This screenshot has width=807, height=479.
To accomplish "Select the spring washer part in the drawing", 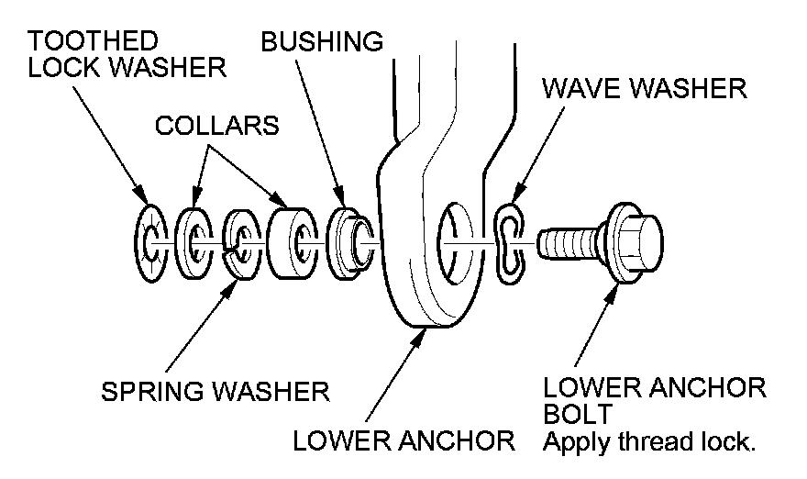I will pos(241,244).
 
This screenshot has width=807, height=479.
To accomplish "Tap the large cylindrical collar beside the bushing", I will pos(293,241).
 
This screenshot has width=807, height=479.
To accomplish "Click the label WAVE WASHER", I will pos(644,89).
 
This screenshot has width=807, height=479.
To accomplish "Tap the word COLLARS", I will pos(216,125).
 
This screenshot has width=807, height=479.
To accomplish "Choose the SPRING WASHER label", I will pos(215,392).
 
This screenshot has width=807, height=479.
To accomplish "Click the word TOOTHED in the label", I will pos(93,40).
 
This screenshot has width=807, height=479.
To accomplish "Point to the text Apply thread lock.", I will pos(649,442).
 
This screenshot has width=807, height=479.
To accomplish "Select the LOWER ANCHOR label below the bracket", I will pos(403,442).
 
